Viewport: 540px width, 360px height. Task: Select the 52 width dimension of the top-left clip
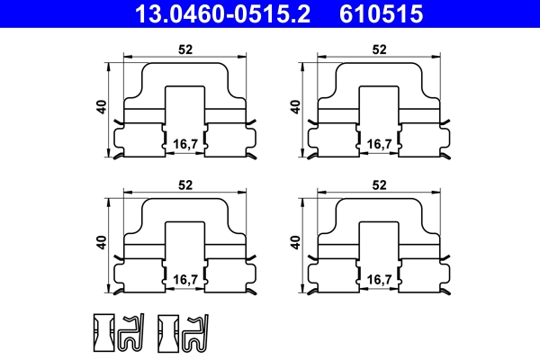[184, 49]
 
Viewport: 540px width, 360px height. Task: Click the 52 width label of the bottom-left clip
[184, 184]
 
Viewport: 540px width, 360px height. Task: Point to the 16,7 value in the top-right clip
[378, 144]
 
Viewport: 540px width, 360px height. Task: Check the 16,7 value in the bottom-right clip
[378, 280]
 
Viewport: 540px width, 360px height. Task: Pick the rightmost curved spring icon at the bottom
[193, 333]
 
